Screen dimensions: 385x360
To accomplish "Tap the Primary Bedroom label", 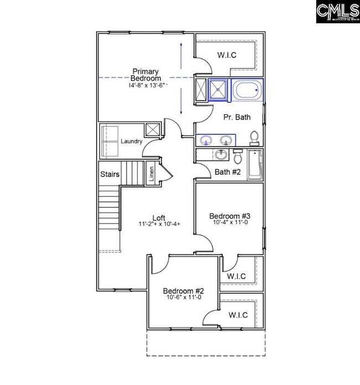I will (146, 75).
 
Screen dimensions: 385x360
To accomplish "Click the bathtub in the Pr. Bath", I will (248, 90).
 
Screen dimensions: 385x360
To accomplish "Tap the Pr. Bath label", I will (236, 117).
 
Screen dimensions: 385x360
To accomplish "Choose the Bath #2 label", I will (228, 172).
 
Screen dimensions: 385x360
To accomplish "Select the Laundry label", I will (132, 142).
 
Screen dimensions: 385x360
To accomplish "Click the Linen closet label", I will (151, 174).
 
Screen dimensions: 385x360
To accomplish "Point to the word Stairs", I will (110, 174).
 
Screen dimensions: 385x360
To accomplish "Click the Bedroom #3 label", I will (230, 215).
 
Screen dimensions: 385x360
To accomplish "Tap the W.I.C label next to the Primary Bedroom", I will (227, 55).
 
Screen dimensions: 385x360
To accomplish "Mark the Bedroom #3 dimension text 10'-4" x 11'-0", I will (230, 223).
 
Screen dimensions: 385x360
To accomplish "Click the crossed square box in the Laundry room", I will (152, 130).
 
